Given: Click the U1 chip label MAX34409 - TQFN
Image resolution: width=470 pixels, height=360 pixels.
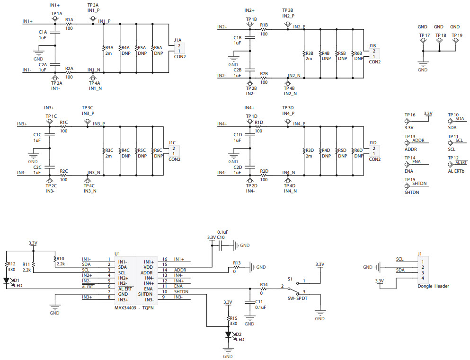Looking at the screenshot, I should (x=134, y=307).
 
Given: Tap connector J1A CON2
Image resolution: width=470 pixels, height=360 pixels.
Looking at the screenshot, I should (x=179, y=48).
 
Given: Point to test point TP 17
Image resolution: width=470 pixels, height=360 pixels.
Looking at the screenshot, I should (x=424, y=41).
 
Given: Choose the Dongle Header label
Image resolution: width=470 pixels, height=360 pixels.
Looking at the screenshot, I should (x=433, y=286).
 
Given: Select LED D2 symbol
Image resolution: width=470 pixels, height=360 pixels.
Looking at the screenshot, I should (x=229, y=334).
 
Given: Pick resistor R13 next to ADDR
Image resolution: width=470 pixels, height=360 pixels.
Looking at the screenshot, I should (x=236, y=268).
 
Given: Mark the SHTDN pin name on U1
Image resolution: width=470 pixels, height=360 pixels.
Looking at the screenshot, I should (x=145, y=294).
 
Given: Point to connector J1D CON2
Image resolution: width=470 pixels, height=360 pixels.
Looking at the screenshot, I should (x=374, y=150).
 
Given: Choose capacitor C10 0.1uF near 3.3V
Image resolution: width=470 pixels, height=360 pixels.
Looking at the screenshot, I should (x=220, y=245).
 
